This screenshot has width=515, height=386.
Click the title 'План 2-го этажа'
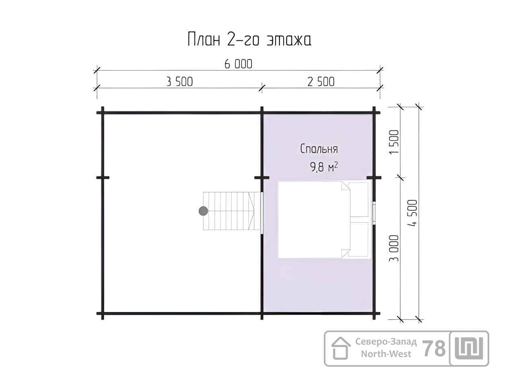tap(249, 39)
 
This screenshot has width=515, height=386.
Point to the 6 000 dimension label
tap(238, 64)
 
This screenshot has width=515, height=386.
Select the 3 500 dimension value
tap(179, 82)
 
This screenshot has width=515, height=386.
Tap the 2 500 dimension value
tap(321, 82)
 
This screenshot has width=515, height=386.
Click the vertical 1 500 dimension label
tap(394, 142)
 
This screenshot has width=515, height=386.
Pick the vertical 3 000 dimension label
tap(394, 248)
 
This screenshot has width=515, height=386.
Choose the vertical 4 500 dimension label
tap(412, 213)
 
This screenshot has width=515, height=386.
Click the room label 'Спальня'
tap(319, 149)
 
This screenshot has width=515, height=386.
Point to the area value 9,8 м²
tap(324, 167)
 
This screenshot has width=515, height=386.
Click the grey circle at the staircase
tap(203, 211)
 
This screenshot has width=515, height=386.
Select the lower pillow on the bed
tap(359, 239)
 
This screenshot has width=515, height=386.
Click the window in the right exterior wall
tap(374, 213)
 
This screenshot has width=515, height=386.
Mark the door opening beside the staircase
tap(262, 213)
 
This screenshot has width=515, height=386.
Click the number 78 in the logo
tap(434, 349)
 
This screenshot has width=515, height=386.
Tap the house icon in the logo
tap(341, 348)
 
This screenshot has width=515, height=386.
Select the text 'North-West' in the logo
tap(386, 354)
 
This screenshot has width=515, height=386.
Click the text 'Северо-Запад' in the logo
tap(386, 342)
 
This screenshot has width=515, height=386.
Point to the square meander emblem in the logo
tap(469, 349)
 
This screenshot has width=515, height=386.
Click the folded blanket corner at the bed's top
tap(346, 186)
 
